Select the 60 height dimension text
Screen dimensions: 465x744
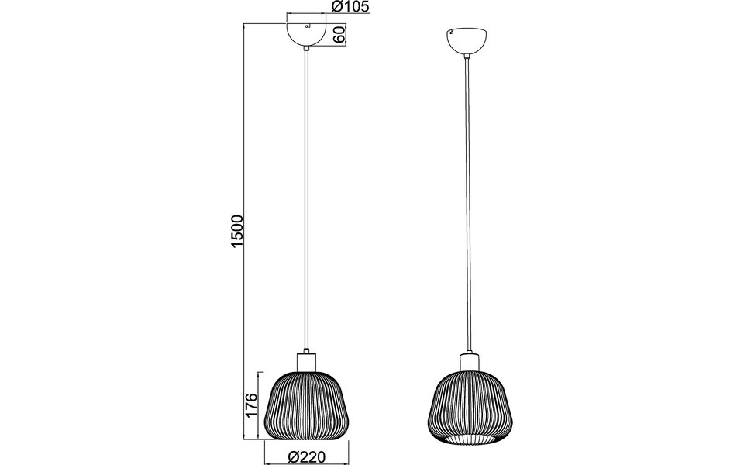click(338, 34)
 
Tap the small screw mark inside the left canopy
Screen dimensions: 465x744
click(308, 27)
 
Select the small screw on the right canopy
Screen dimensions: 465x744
click(452, 33)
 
